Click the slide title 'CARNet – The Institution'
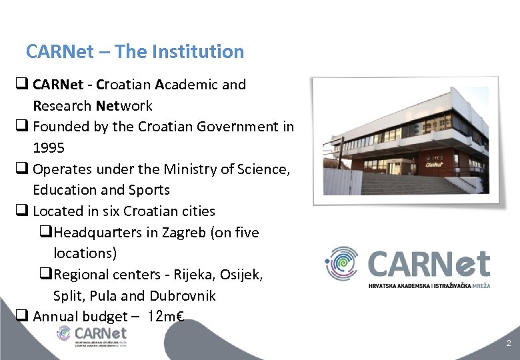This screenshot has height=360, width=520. pyautogui.click(x=135, y=51)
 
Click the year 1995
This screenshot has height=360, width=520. pyautogui.click(x=49, y=147)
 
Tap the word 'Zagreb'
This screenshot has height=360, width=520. pyautogui.click(x=189, y=233)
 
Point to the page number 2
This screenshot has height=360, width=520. pyautogui.click(x=509, y=343)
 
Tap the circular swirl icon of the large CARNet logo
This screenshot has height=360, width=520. pyautogui.click(x=342, y=263)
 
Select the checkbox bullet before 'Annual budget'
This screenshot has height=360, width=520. pyautogui.click(x=21, y=317)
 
